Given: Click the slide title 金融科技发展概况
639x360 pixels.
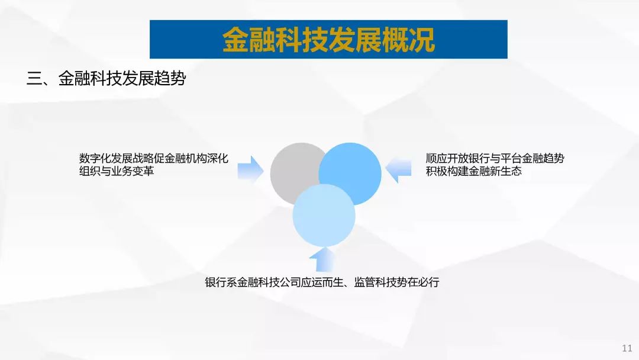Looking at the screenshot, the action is (x=328, y=40).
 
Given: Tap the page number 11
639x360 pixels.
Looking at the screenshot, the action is (x=627, y=348).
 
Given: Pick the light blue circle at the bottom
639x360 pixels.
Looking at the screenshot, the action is (x=324, y=216).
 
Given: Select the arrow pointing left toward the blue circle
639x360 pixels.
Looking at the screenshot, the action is (x=398, y=169).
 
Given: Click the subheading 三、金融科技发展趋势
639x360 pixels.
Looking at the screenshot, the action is (x=106, y=78).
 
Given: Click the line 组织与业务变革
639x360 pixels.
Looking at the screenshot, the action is (x=117, y=171).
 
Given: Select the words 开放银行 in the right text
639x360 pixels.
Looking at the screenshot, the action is (x=468, y=158).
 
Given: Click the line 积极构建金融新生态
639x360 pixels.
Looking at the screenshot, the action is (x=473, y=171).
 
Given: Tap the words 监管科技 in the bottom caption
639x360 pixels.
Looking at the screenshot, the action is (x=375, y=282).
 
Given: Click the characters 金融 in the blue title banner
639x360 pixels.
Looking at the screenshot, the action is (x=249, y=40).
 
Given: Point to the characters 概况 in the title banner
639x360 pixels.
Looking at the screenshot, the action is (x=409, y=40).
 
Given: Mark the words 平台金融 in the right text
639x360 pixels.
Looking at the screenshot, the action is (x=522, y=158).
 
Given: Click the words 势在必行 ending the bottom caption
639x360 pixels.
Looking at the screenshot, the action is (x=418, y=282).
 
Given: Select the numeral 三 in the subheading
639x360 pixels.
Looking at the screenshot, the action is (x=34, y=78).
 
